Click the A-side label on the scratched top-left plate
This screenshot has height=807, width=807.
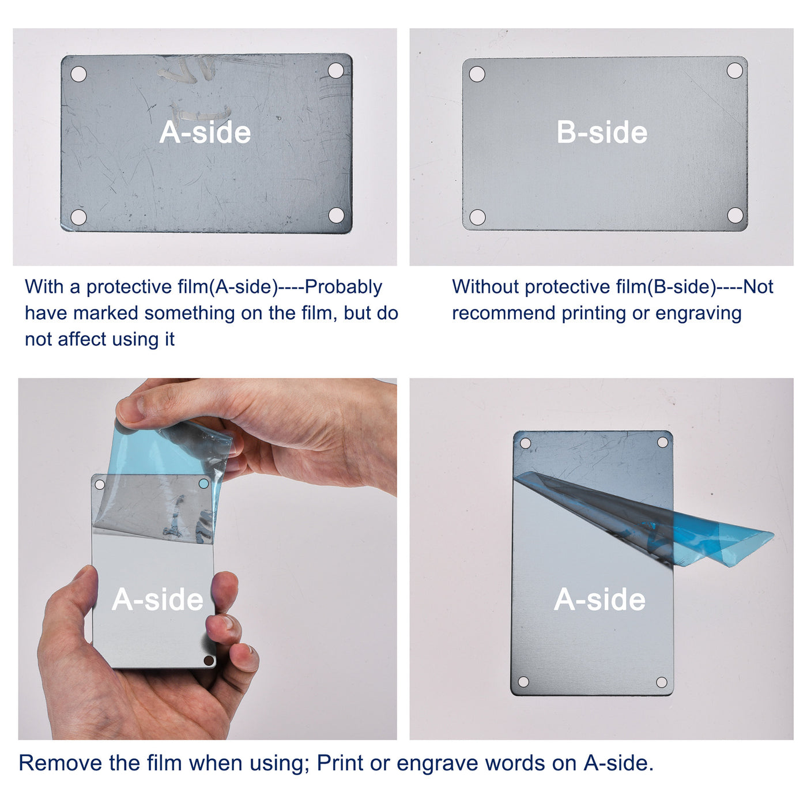[x=205, y=133]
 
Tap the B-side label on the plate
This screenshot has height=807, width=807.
[x=602, y=133]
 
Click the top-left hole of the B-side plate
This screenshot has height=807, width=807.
[x=477, y=74]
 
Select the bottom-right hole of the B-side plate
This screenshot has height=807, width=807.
[x=735, y=215]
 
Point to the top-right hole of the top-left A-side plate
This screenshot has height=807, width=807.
[x=335, y=70]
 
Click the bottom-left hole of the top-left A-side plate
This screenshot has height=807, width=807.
[x=78, y=217]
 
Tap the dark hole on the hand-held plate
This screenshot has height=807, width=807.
[x=208, y=661]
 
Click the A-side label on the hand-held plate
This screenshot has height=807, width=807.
[x=157, y=599]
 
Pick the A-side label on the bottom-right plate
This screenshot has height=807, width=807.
[x=599, y=599]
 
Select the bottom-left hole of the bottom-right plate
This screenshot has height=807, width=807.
[x=523, y=682]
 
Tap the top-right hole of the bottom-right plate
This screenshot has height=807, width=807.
[x=662, y=442]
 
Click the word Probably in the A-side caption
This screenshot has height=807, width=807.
[x=343, y=287]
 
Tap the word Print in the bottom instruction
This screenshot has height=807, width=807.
[x=340, y=763]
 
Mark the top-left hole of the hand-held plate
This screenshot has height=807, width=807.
[x=100, y=485]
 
